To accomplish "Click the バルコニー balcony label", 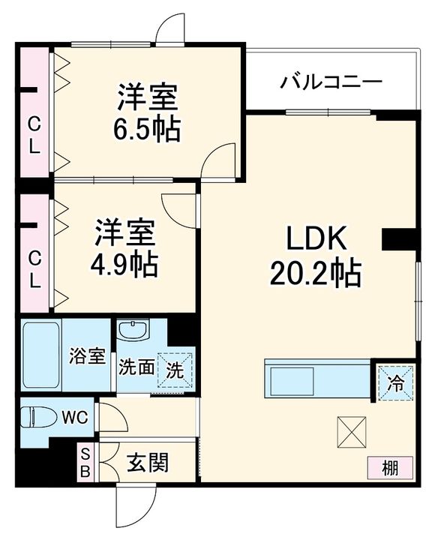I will tap(331, 82).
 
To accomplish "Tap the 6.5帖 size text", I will tap(147, 129).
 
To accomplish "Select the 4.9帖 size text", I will tap(124, 263).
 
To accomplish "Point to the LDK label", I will tap(315, 239).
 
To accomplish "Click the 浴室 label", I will tap(88, 356).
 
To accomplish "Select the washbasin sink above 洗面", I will tap(133, 331).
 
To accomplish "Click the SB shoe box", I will tap(85, 462).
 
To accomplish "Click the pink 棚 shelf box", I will tap(390, 468).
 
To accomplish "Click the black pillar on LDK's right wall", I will tap(397, 239).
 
